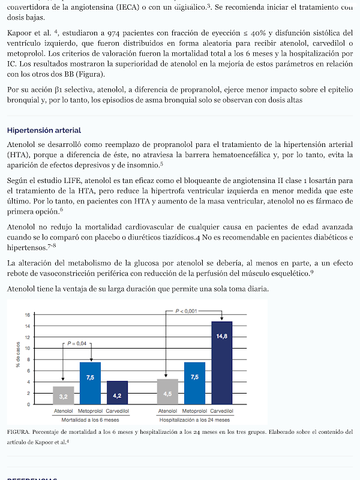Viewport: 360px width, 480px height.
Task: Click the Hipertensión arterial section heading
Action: pyautogui.click(x=44, y=130)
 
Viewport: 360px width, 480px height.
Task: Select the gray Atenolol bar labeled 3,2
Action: pyautogui.click(x=64, y=395)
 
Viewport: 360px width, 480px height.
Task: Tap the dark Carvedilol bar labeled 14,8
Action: pyautogui.click(x=221, y=362)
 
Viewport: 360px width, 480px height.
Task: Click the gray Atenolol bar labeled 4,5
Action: pyautogui.click(x=167, y=392)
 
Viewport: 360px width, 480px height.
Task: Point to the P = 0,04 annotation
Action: pyautogui.click(x=76, y=343)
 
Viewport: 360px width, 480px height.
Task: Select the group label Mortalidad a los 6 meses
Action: pyautogui.click(x=90, y=419)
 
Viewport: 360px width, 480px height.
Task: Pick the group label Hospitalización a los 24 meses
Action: pyautogui.click(x=194, y=419)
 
